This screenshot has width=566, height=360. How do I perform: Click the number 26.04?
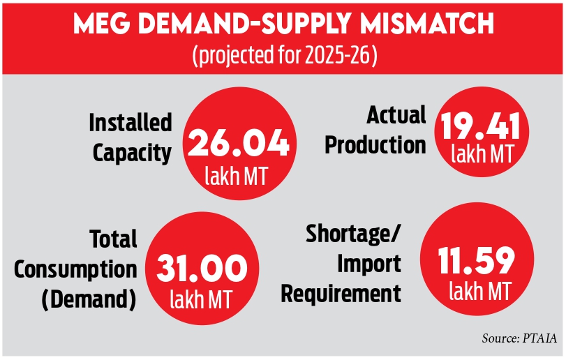tap(239, 144)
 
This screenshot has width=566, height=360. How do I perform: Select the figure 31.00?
tap(202, 269)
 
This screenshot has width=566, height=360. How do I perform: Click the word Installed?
tap(131, 123)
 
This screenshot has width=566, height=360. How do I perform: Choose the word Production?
tap(375, 144)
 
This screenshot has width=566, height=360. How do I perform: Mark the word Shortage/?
tap(353, 235)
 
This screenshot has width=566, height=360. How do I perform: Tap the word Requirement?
tap(341, 293)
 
